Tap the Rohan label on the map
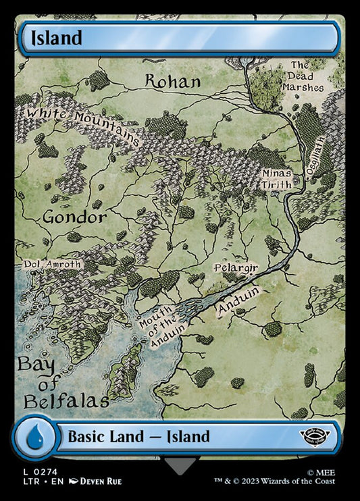pos(173,82)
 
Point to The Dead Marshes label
pos(307,76)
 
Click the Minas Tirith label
pos(278,178)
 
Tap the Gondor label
pos(74,217)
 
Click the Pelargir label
pos(236,268)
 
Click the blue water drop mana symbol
pos(32,436)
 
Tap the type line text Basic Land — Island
pos(138,436)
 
